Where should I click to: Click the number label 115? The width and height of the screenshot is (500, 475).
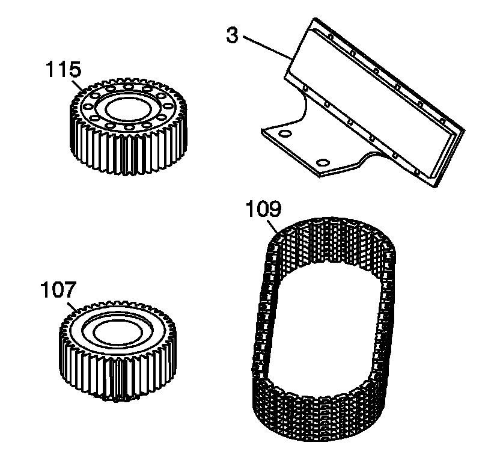(x=62, y=70)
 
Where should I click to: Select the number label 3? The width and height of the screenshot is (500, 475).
(x=233, y=34)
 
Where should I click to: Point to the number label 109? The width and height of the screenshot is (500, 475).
(x=262, y=210)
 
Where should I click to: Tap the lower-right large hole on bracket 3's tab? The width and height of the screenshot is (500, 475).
(x=322, y=162)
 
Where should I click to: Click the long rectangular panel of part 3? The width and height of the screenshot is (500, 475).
(x=373, y=102)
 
